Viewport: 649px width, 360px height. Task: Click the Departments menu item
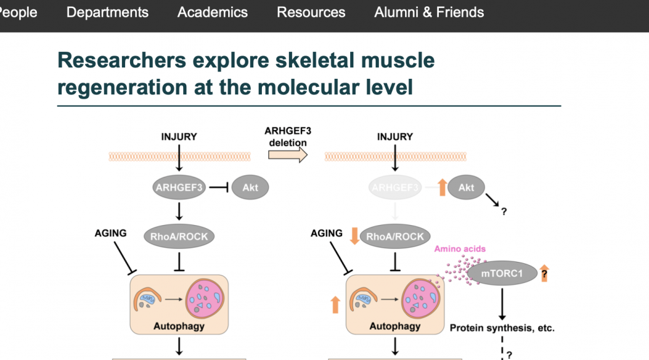click(x=107, y=12)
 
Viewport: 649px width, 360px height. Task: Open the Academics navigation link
click(x=213, y=12)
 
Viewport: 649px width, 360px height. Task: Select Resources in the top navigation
click(x=311, y=12)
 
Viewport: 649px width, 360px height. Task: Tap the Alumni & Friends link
click(x=429, y=12)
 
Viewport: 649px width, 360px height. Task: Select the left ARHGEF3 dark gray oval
click(x=179, y=186)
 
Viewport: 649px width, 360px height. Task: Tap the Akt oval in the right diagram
click(x=466, y=186)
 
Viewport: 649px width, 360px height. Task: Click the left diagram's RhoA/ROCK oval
click(x=179, y=236)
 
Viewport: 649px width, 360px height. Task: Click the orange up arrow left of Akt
click(x=441, y=186)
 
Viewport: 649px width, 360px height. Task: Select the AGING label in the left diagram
click(x=111, y=233)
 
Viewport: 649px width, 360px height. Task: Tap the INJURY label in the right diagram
click(x=395, y=137)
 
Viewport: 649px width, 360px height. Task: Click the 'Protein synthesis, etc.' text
click(x=502, y=327)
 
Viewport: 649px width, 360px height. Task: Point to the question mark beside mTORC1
click(x=545, y=274)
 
